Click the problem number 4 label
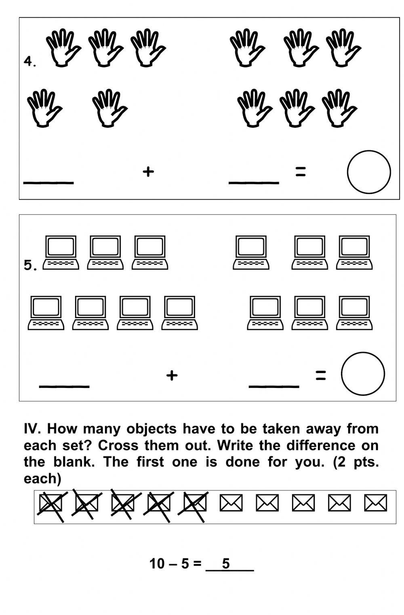pyautogui.click(x=29, y=62)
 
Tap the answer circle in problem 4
pyautogui.click(x=368, y=172)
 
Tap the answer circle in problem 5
pyautogui.click(x=362, y=374)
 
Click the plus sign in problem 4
pyautogui.click(x=148, y=172)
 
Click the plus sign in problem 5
pyautogui.click(x=172, y=375)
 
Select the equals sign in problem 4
pyautogui.click(x=300, y=172)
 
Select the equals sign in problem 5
pyautogui.click(x=320, y=376)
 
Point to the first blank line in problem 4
pyautogui.click(x=48, y=182)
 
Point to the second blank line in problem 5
pyautogui.click(x=274, y=386)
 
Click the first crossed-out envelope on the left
pyautogui.click(x=50, y=503)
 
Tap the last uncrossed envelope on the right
pyautogui.click(x=375, y=503)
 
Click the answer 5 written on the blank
pyautogui.click(x=226, y=563)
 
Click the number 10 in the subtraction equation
pyautogui.click(x=157, y=563)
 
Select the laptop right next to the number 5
pyautogui.click(x=61, y=252)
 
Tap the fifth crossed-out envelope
pyautogui.click(x=195, y=503)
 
